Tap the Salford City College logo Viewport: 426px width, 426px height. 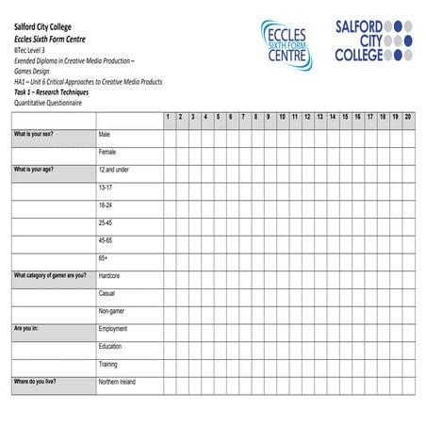(374, 41)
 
